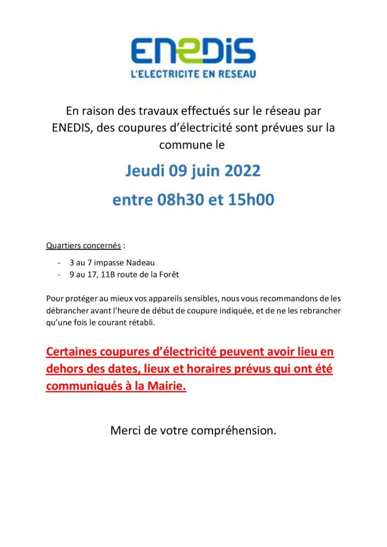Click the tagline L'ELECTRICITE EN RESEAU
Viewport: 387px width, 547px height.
193,74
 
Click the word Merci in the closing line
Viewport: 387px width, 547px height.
126,430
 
